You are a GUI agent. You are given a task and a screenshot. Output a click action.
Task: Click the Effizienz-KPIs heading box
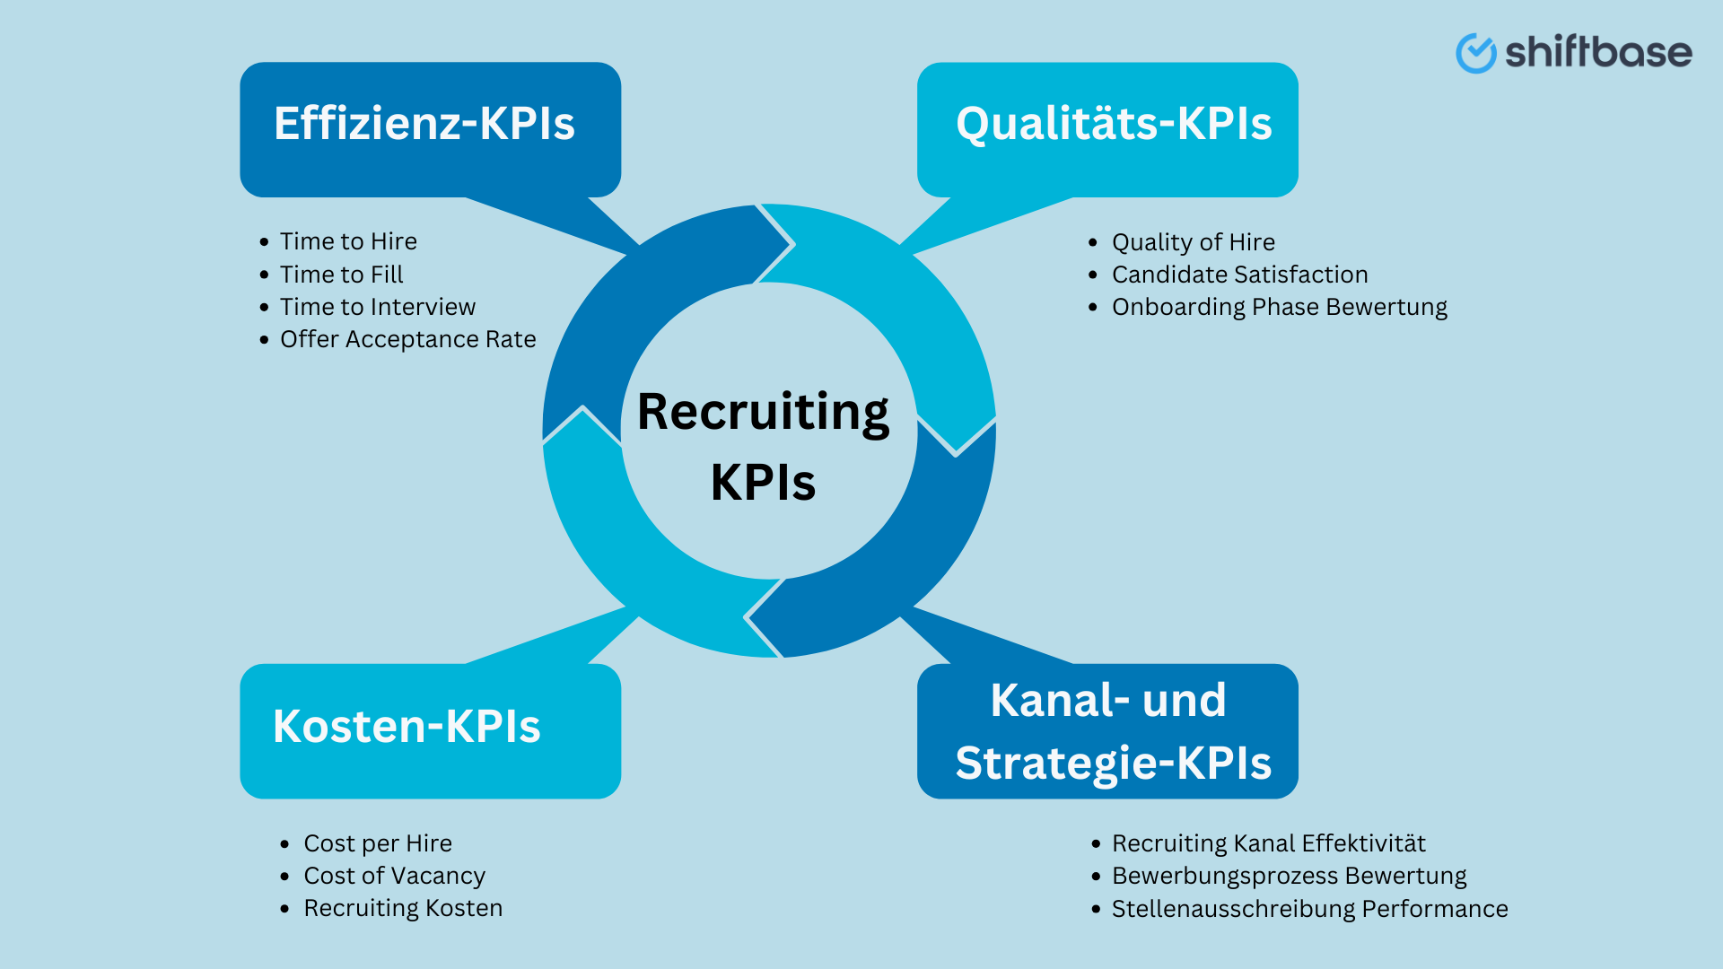coord(429,127)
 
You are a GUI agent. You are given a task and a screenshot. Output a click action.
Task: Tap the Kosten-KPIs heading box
coord(429,729)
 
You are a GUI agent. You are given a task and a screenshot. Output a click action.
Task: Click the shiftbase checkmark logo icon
coord(1474,53)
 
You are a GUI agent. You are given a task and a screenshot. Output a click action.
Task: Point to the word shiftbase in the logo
coord(1598,52)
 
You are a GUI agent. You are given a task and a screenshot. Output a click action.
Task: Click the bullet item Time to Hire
coord(348,241)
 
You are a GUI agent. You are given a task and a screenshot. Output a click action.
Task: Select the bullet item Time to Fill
coord(341,275)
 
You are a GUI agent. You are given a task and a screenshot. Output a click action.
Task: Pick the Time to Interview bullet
coord(377,307)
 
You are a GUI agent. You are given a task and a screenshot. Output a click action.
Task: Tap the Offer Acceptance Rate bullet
coord(407,339)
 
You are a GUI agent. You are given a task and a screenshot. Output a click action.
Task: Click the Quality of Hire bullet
coord(1193,242)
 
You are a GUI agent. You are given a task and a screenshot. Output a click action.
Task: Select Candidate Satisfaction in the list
coord(1239,275)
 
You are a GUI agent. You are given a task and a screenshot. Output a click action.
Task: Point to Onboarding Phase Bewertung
coord(1279,307)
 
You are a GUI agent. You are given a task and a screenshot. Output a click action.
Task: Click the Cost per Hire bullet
coord(377,843)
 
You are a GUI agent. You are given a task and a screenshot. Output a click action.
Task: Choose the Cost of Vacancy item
coord(394,876)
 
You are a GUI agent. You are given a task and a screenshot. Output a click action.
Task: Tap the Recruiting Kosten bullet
coord(402,908)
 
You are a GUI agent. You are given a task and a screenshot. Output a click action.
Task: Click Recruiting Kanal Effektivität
coord(1268,843)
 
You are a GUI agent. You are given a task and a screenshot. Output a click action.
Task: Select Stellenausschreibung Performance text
coord(1309,909)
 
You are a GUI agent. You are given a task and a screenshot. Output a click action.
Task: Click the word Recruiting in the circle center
coord(763,414)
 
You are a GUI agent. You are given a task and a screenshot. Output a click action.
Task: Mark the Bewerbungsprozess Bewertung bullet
coord(1289,876)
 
